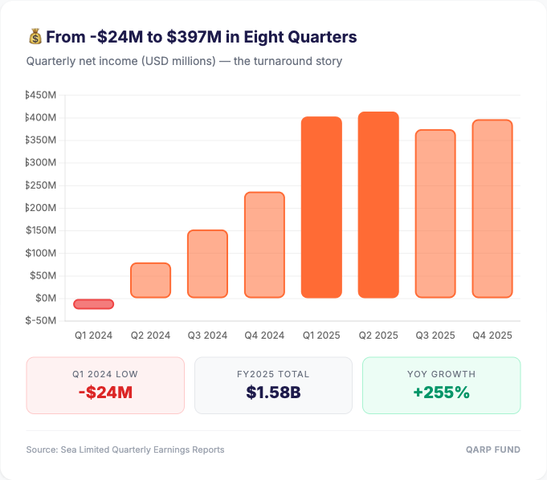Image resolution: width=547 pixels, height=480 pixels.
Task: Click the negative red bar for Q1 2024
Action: coord(94,303)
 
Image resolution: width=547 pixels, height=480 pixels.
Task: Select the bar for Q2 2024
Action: coord(151,280)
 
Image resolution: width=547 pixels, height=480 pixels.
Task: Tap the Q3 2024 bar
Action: coord(207,264)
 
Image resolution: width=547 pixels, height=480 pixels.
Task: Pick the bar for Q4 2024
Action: coord(264,245)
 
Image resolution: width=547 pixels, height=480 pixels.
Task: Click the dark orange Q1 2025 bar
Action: coord(321,207)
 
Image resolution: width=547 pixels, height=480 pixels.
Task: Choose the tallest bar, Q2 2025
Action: coord(378,205)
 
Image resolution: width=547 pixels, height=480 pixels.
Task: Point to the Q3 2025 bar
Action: coord(435,214)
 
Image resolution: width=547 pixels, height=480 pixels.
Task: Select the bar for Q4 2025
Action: coord(492,209)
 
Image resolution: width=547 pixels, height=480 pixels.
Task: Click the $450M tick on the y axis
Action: coord(41,96)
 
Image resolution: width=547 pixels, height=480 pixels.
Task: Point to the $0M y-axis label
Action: coord(45,298)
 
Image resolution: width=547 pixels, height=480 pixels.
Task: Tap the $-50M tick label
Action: coord(41,320)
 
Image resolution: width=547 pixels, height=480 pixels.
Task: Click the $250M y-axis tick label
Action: coord(41,185)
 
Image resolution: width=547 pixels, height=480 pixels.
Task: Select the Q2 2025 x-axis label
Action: coord(378,335)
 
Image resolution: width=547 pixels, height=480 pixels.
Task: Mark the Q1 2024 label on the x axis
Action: coord(94,335)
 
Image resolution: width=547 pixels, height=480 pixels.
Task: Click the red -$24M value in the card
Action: coord(105,393)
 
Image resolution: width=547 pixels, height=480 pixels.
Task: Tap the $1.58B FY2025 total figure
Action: coord(273,393)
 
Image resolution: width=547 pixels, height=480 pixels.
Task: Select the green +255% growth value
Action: coord(441,393)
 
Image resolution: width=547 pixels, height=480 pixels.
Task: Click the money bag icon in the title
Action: coord(35,37)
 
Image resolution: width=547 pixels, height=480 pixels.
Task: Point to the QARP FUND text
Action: coord(493,449)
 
